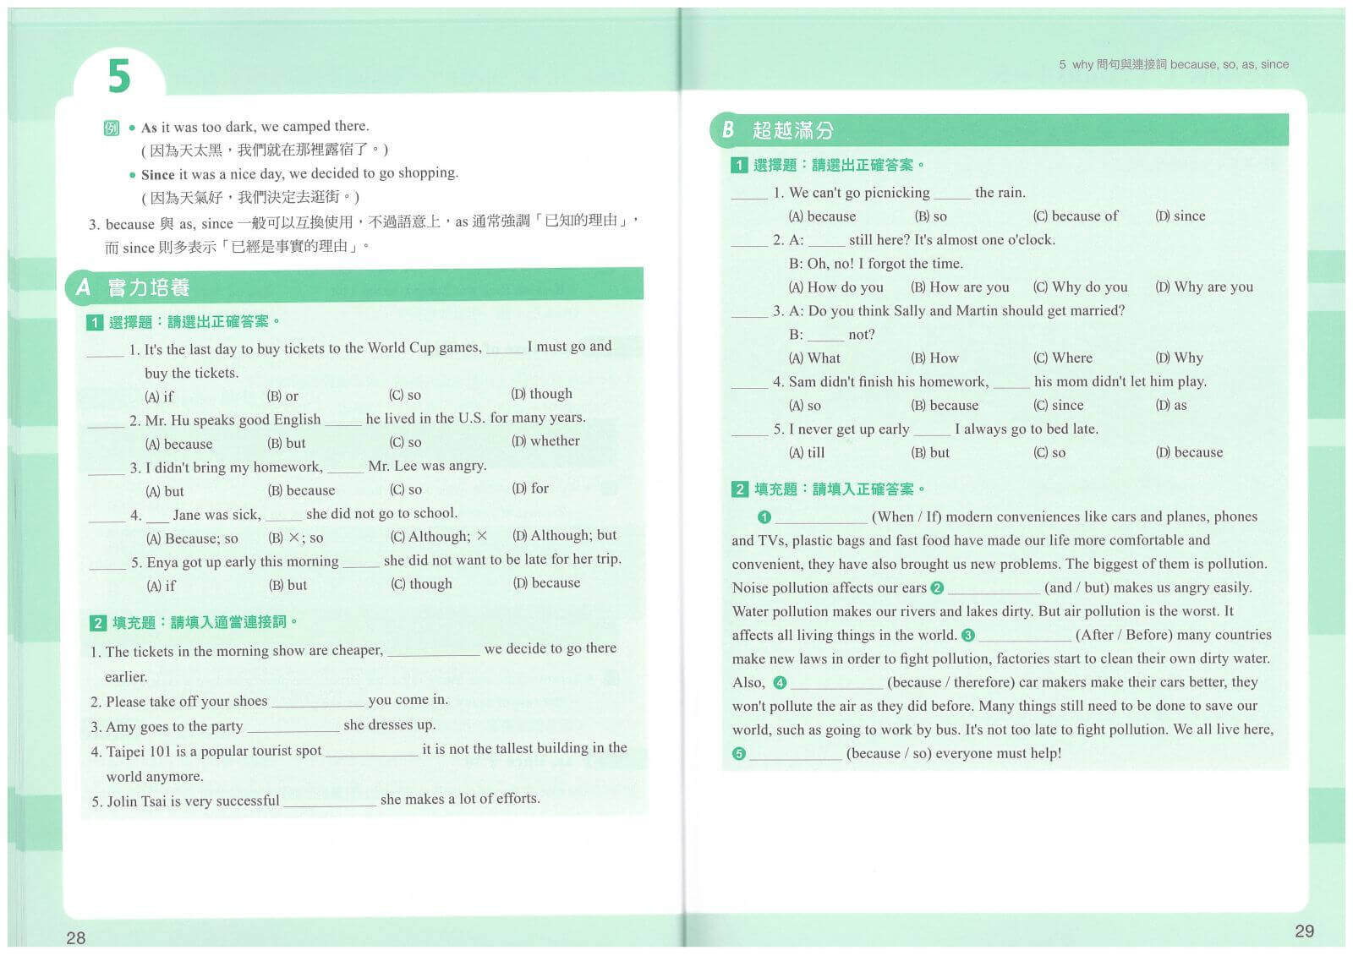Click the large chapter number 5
click(x=119, y=75)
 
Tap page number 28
click(x=75, y=937)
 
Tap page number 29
click(x=1304, y=931)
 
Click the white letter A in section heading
click(x=83, y=287)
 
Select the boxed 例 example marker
click(x=112, y=128)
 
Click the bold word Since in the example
click(x=157, y=175)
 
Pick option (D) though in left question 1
click(x=541, y=394)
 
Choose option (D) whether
click(x=545, y=441)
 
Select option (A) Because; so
click(x=192, y=538)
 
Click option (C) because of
click(x=1075, y=216)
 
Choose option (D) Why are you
click(x=1204, y=287)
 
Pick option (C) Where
click(x=1062, y=358)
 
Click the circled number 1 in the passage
click(x=764, y=517)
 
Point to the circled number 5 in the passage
click(x=739, y=754)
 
